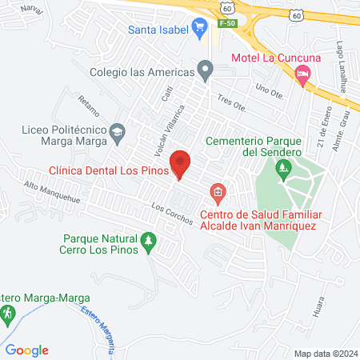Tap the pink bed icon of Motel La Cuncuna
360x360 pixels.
[302, 76]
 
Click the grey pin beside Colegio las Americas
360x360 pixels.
[206, 72]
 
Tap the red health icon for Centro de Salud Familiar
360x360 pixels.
[217, 193]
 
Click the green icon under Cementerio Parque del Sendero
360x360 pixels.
[282, 170]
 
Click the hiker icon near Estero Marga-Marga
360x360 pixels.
[9, 315]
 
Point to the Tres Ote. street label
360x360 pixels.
[230, 104]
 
